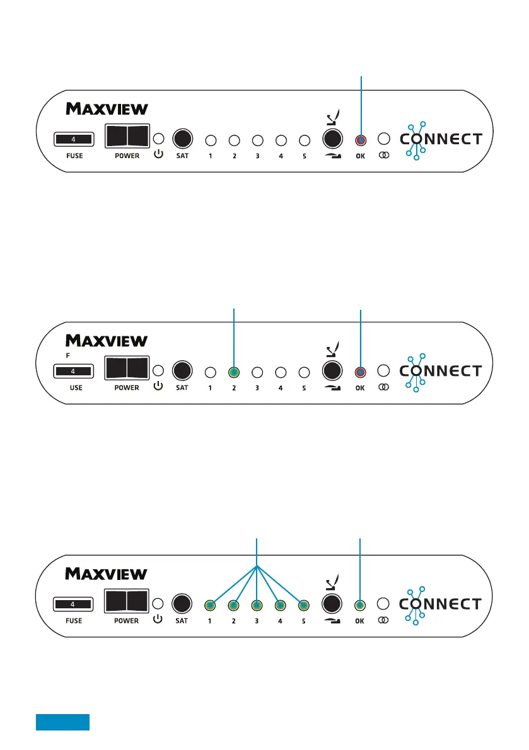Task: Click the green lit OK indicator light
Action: click(360, 606)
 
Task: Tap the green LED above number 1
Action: click(210, 606)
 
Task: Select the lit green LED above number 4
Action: click(281, 606)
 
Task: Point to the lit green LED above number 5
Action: click(304, 606)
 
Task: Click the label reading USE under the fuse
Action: click(76, 388)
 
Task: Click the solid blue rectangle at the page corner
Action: click(62, 722)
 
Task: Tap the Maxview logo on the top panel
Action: click(107, 109)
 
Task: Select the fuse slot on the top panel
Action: click(74, 139)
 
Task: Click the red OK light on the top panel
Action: click(360, 140)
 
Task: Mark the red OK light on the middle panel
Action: click(360, 372)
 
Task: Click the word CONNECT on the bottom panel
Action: click(441, 605)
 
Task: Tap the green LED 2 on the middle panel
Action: click(234, 372)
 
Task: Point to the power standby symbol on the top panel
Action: click(158, 155)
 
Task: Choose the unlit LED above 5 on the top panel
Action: click(304, 140)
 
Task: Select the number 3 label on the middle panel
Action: click(257, 388)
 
